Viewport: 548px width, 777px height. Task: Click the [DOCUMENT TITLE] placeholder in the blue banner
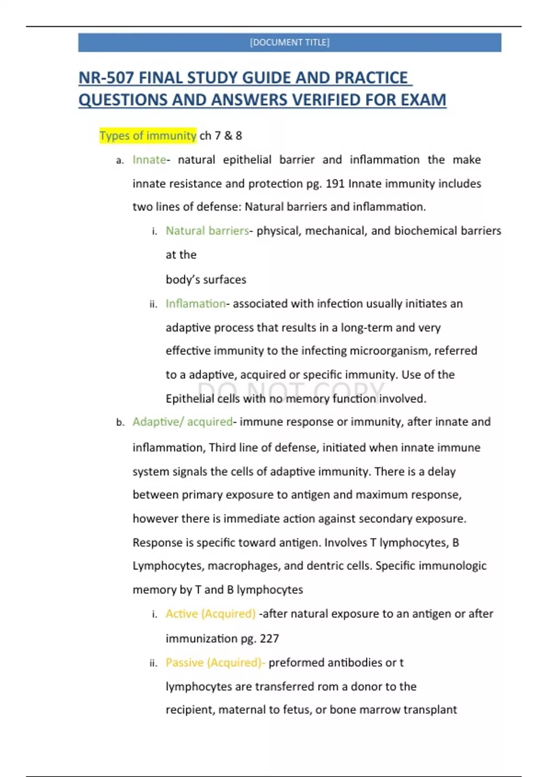(x=290, y=43)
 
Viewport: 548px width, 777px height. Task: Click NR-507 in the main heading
(x=106, y=78)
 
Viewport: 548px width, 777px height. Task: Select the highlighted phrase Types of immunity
(x=148, y=136)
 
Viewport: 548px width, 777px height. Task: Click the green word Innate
(x=149, y=160)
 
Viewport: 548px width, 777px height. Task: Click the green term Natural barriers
(x=207, y=231)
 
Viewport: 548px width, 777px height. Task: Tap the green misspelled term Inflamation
(x=195, y=304)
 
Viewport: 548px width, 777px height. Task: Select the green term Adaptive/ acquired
(x=182, y=422)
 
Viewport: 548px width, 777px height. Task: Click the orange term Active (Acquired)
(x=210, y=614)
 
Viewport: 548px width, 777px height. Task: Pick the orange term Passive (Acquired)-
(x=215, y=663)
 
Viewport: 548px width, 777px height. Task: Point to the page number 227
(x=269, y=639)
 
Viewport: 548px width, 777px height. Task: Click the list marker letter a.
(x=120, y=160)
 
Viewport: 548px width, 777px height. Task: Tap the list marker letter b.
(x=120, y=422)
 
